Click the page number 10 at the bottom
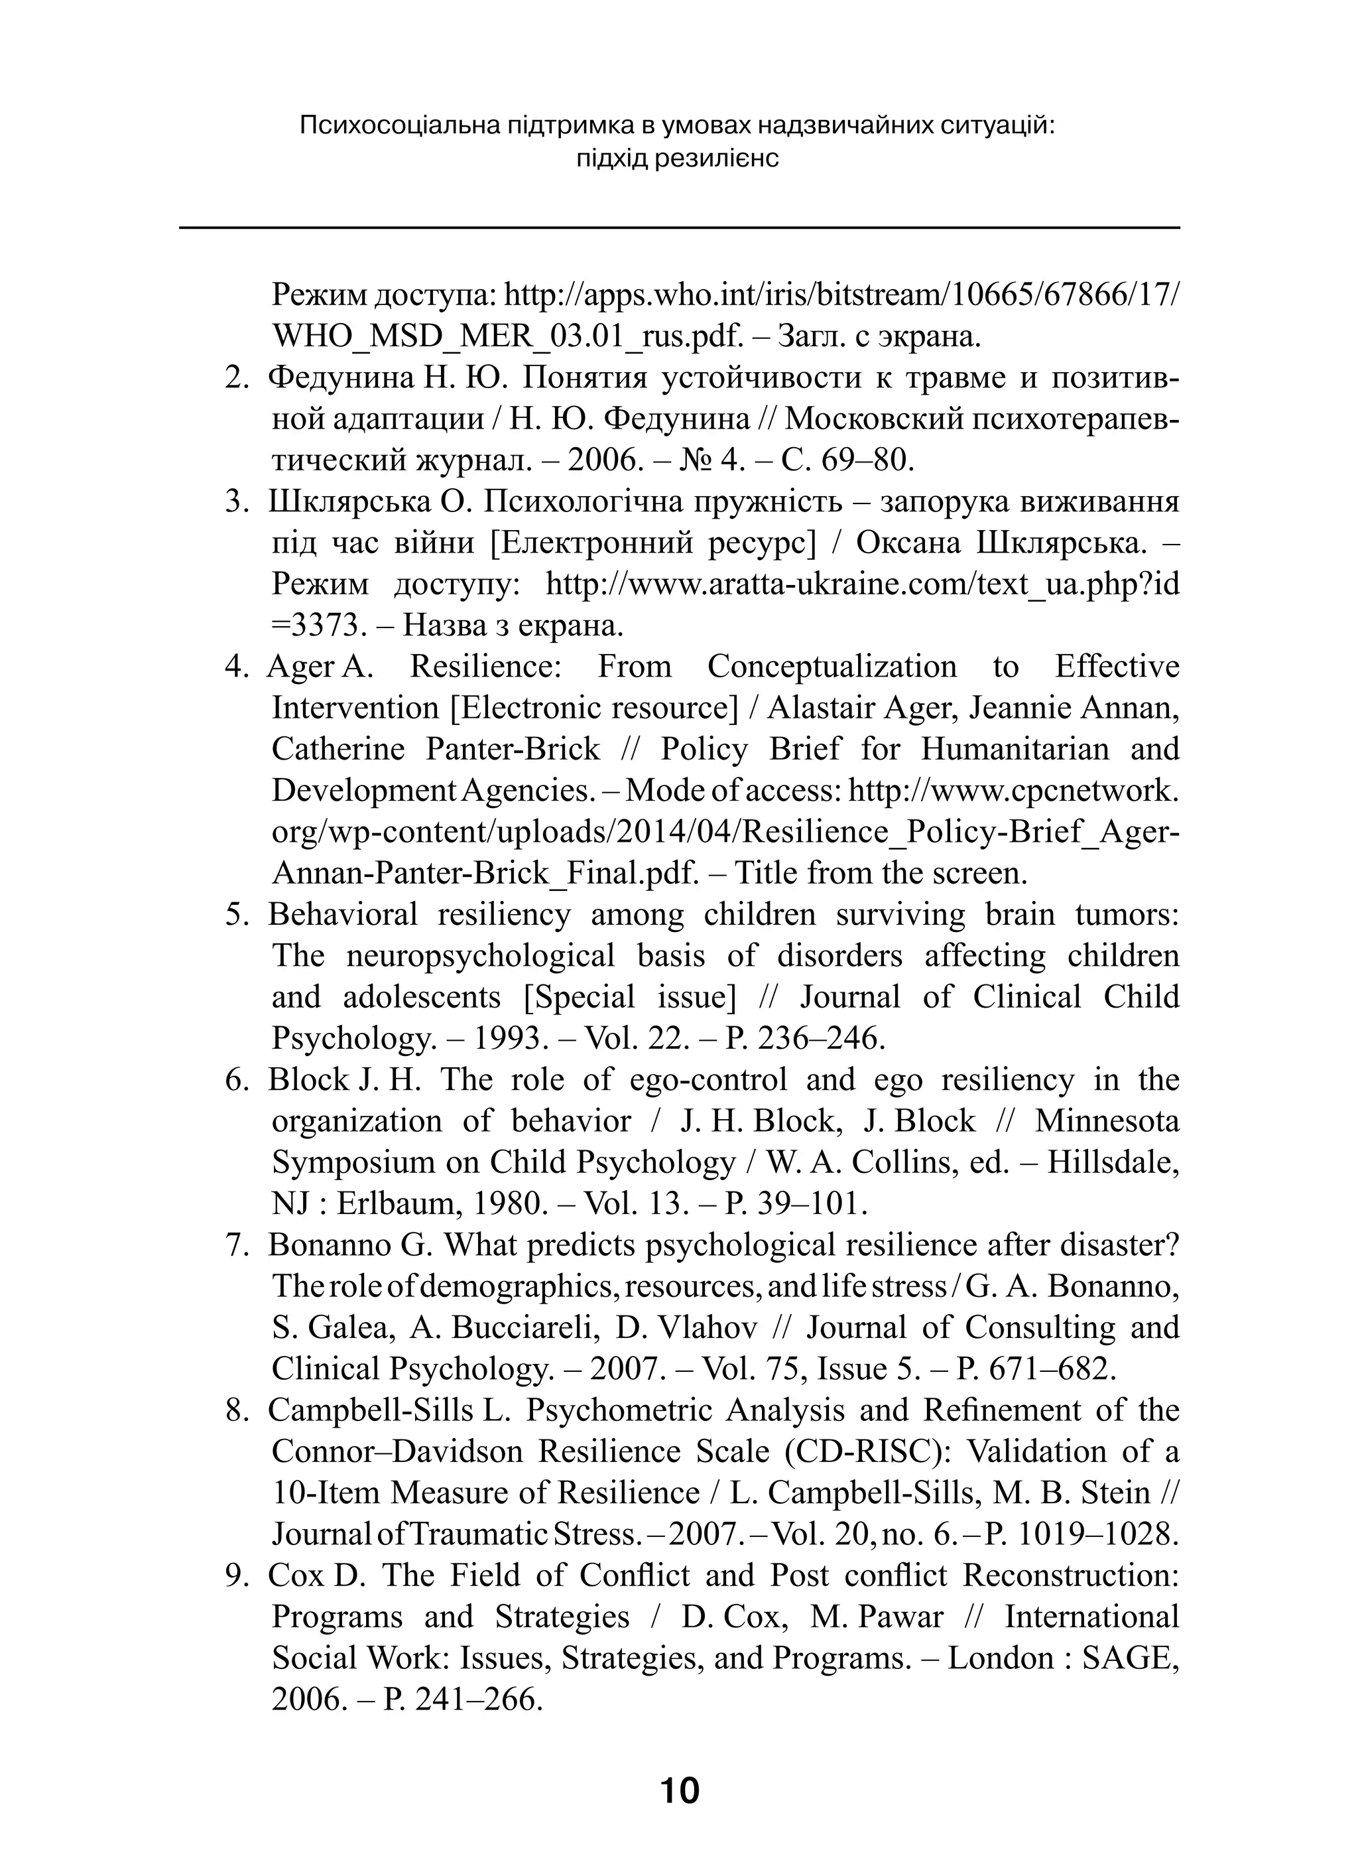click(x=679, y=1790)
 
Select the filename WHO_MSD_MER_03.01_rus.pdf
click(x=508, y=336)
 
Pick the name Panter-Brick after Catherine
click(x=513, y=749)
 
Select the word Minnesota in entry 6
click(x=1107, y=1120)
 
